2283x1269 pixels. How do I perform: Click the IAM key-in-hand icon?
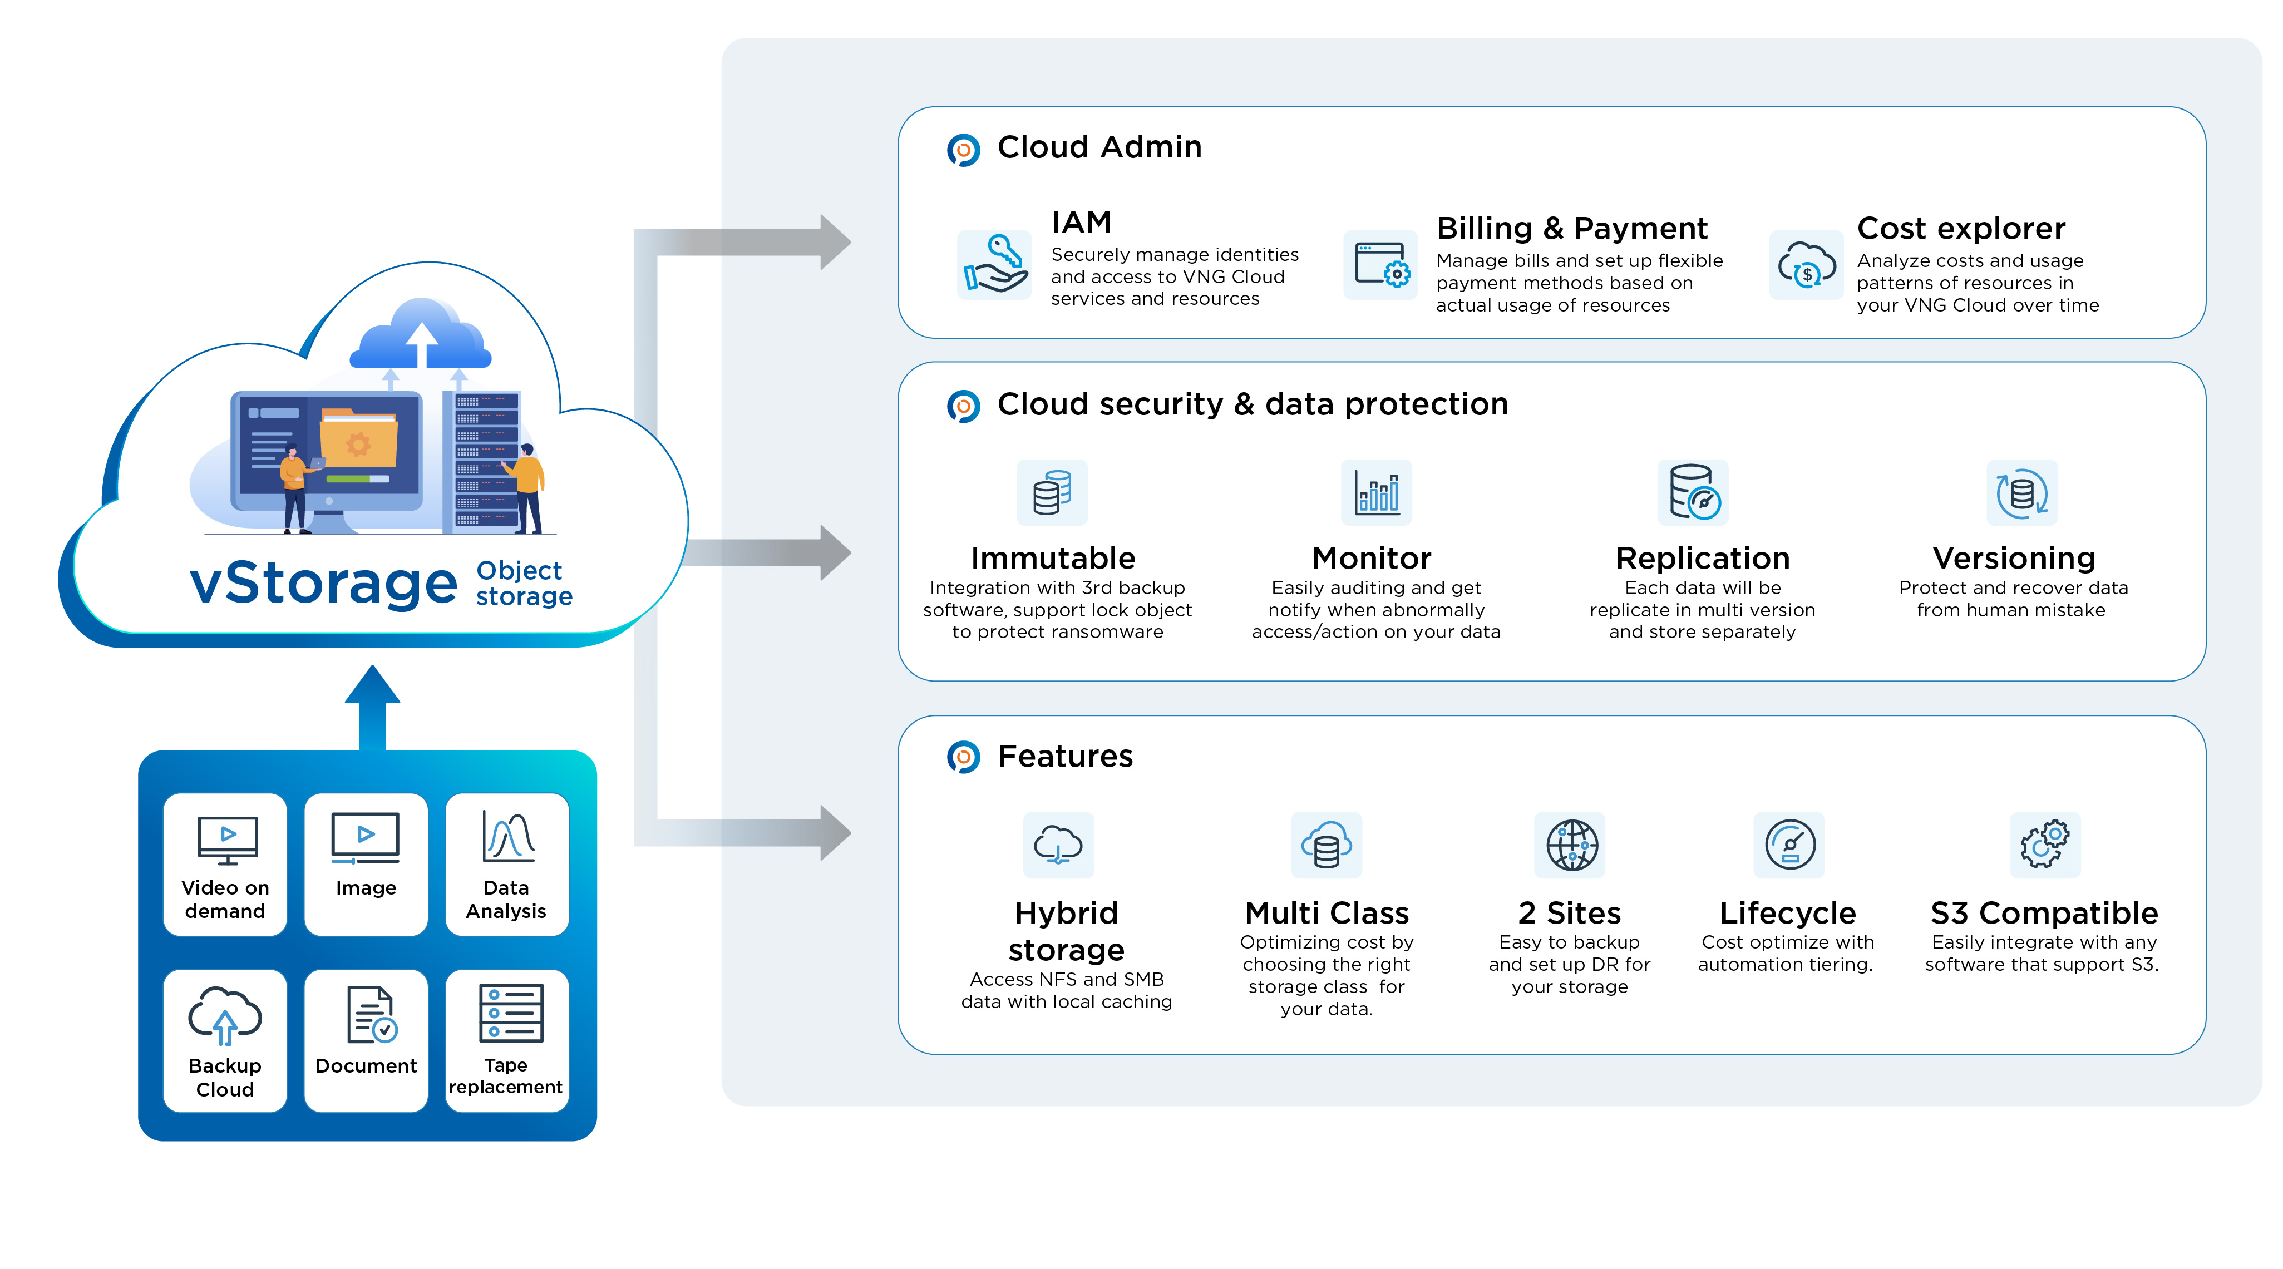pos(994,264)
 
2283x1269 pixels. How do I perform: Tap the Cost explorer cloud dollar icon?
pos(1806,265)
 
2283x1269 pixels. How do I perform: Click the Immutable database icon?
pos(1052,493)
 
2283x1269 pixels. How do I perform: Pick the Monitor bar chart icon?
pos(1377,493)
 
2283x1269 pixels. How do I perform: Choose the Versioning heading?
pos(2014,559)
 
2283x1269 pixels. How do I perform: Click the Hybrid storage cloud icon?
pos(1058,845)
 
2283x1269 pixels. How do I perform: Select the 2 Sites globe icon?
pos(1570,845)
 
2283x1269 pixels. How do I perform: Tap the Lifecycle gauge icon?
pos(1789,845)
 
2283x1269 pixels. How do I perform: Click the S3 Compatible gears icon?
pos(2045,845)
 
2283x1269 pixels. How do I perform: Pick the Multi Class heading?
pos(1327,913)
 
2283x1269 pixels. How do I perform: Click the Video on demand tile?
pos(225,864)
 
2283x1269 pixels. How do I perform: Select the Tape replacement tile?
pos(506,1040)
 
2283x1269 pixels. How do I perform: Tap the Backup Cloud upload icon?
pos(225,1015)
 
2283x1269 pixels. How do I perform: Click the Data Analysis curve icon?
pos(509,837)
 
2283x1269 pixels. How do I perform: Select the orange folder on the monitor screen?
pos(358,438)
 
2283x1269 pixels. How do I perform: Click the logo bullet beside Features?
pos(963,757)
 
